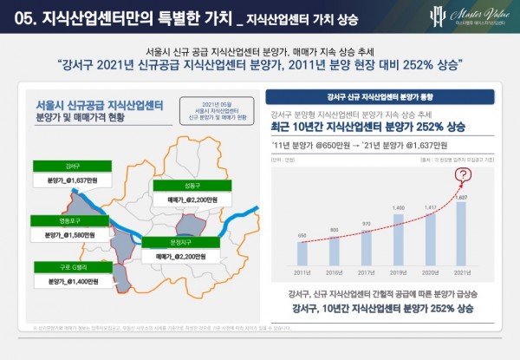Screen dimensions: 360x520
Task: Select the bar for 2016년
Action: click(x=335, y=248)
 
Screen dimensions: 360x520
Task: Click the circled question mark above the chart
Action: click(x=465, y=174)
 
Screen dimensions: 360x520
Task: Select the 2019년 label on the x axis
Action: click(x=399, y=272)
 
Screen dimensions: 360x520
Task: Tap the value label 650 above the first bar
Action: click(x=302, y=235)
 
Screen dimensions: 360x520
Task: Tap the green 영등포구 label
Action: click(x=59, y=220)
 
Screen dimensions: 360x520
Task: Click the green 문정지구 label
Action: click(x=173, y=242)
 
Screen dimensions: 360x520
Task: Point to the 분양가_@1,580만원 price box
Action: click(x=59, y=234)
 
